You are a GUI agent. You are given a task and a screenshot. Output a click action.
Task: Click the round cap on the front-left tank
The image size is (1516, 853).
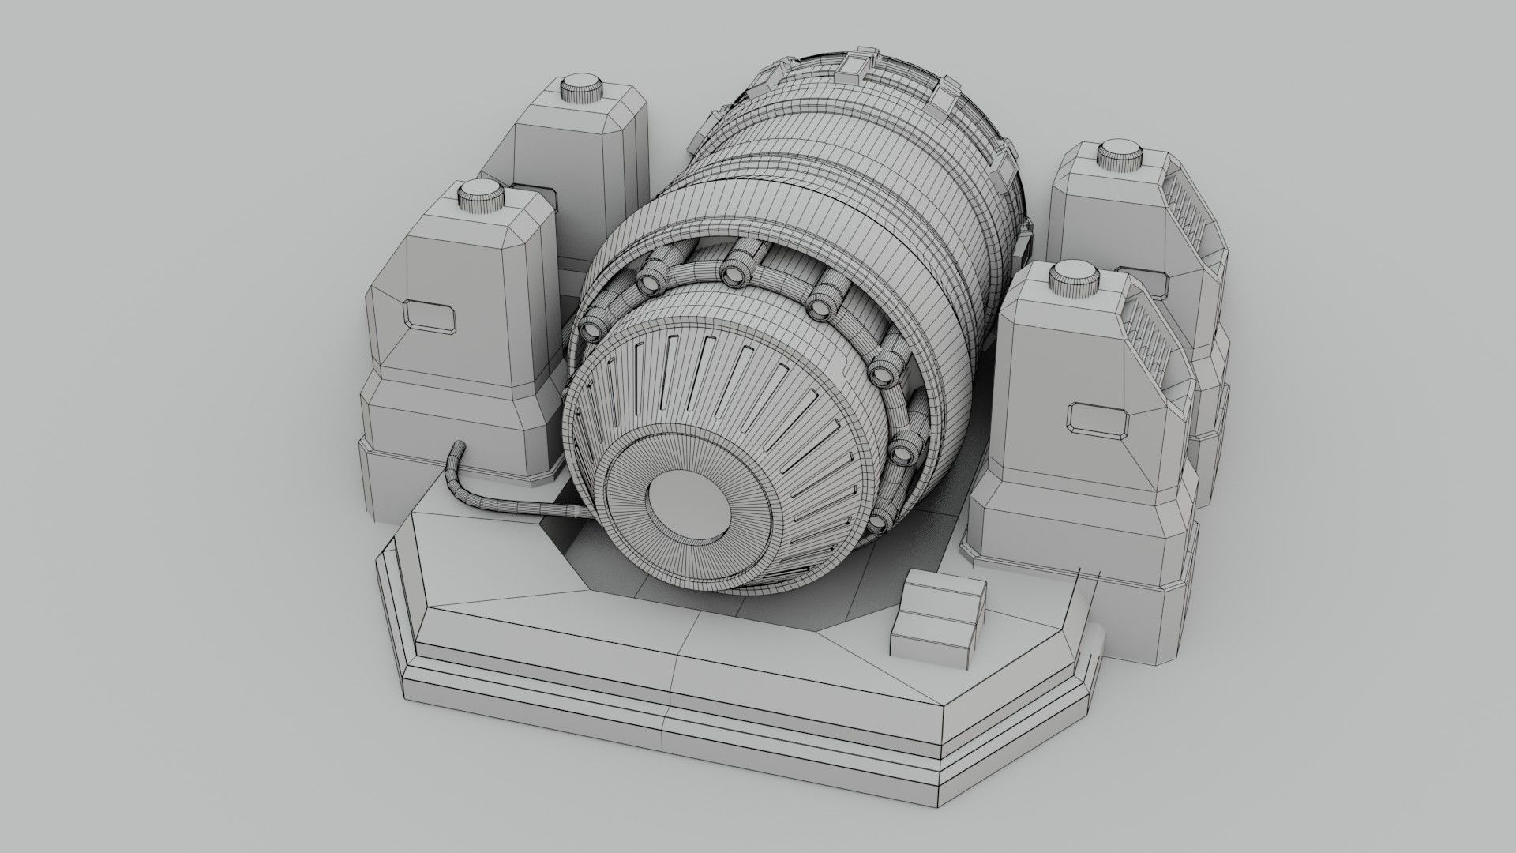click(482, 194)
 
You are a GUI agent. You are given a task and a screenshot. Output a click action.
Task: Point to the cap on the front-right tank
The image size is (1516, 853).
click(1075, 278)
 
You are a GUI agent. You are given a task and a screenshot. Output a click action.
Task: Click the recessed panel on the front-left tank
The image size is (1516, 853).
click(430, 314)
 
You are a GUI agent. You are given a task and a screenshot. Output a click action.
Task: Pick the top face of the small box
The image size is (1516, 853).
click(944, 589)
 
